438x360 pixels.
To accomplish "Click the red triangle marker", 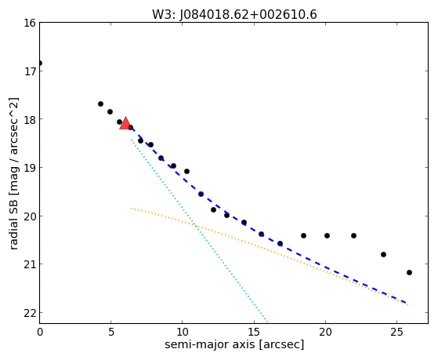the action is (x=125, y=123).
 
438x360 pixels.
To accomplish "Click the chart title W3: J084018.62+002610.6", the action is (x=234, y=15).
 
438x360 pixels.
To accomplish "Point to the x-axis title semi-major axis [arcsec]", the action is (x=234, y=344).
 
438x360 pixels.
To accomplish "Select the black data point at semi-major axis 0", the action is (x=40, y=64).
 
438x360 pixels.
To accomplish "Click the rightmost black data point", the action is (x=409, y=272).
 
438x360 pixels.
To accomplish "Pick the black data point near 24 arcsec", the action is (x=383, y=255).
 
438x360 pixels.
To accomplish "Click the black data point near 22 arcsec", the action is (x=353, y=236).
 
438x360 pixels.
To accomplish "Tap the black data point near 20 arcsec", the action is (x=327, y=236).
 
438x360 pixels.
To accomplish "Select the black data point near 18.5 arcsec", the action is (x=304, y=236).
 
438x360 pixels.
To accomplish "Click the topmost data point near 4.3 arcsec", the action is (x=100, y=104).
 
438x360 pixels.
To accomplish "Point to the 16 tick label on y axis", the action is (x=30, y=23).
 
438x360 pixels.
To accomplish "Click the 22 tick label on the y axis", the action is (x=30, y=313).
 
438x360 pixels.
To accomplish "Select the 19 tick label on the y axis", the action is (x=30, y=168).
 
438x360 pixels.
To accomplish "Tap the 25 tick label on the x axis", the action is (x=396, y=333).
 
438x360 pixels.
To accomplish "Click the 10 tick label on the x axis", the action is (x=182, y=333).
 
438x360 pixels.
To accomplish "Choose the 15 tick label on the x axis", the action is (x=254, y=333).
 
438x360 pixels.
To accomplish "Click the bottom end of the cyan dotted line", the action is (x=267, y=322).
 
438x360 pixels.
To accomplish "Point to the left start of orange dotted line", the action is (x=132, y=209).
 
